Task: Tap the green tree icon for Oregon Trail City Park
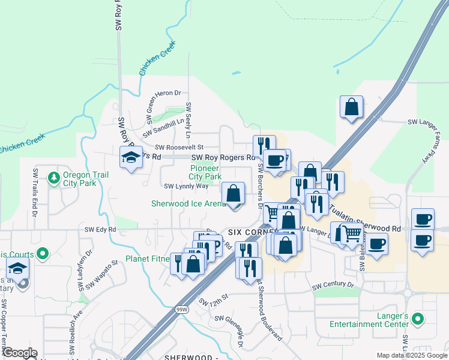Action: [x=54, y=178]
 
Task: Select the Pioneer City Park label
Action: [x=205, y=172]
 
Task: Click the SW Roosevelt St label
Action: [x=179, y=147]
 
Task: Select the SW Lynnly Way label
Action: [x=186, y=186]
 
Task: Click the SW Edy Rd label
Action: [x=100, y=229]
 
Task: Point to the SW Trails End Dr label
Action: [x=35, y=193]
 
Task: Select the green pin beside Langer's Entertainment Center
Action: [x=420, y=319]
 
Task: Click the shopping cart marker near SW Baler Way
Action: [x=352, y=233]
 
